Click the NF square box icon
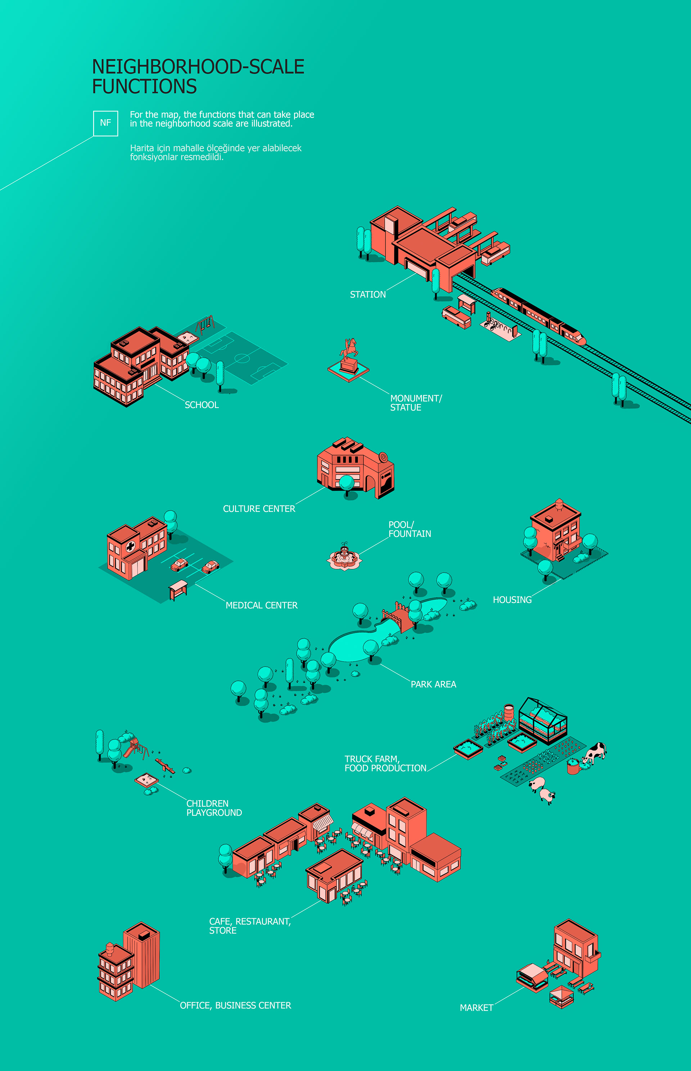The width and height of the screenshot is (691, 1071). click(x=105, y=123)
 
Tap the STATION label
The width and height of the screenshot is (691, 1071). click(x=367, y=295)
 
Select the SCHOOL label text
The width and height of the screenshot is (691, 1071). click(x=202, y=405)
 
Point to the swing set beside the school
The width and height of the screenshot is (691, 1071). click(x=205, y=324)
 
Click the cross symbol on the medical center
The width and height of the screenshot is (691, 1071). click(x=130, y=546)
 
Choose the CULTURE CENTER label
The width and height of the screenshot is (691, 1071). click(x=259, y=508)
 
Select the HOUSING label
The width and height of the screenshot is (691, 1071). click(x=512, y=600)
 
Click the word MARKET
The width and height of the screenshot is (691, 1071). click(x=476, y=1008)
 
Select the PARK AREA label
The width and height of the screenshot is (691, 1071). click(x=433, y=684)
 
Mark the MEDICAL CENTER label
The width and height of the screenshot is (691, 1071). click(x=261, y=605)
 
